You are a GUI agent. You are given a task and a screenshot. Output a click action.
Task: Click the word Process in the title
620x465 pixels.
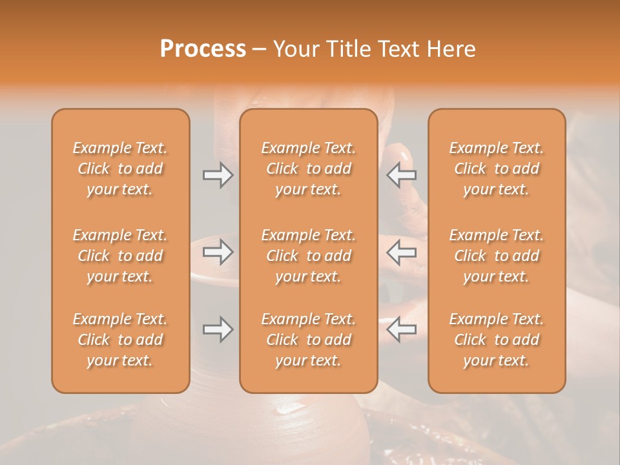[x=203, y=48]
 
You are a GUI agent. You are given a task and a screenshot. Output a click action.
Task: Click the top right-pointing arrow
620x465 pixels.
[x=218, y=175]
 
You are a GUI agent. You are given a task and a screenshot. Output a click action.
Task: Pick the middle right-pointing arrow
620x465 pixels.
[x=218, y=252]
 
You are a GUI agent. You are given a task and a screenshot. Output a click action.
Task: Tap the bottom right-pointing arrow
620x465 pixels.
[x=218, y=329]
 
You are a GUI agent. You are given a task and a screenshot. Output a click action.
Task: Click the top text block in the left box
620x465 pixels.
[x=120, y=169]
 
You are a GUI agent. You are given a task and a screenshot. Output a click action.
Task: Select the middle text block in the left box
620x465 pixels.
[x=120, y=256]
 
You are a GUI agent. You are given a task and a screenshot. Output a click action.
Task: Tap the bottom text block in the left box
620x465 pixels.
[x=120, y=340]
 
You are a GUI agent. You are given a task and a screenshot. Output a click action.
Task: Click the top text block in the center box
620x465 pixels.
[x=308, y=169]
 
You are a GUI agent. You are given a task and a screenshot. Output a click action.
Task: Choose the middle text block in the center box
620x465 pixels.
[x=308, y=256]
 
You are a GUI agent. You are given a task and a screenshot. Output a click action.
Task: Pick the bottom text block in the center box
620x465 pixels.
[x=308, y=340]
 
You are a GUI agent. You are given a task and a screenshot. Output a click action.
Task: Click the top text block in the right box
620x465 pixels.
[x=497, y=169]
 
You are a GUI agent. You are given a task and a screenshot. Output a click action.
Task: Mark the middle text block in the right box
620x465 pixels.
[x=497, y=256]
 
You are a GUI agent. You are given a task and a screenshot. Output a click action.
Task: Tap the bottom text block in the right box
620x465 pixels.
[x=497, y=340]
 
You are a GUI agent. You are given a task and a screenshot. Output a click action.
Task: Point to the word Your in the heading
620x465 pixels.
[x=296, y=48]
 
